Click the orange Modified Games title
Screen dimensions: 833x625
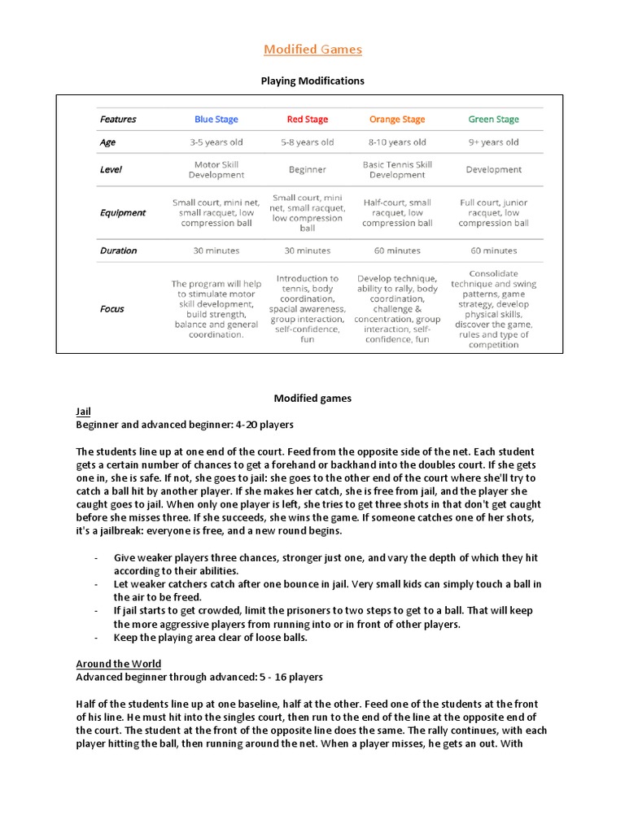(312, 50)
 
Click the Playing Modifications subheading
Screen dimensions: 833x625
(312, 81)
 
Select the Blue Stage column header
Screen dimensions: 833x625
(216, 120)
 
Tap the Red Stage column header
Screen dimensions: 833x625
(307, 120)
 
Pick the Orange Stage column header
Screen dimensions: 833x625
(397, 120)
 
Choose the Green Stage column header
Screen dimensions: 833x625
(493, 120)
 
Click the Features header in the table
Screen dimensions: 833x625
(118, 120)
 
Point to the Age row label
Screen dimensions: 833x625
(107, 142)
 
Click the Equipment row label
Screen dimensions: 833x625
(123, 213)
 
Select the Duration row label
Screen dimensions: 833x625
(118, 251)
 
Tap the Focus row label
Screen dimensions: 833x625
(112, 309)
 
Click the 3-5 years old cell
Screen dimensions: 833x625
(216, 142)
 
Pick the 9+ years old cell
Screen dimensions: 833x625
(493, 142)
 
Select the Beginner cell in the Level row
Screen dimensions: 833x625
(307, 170)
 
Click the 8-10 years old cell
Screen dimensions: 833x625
(397, 142)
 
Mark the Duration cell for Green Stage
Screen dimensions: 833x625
(493, 251)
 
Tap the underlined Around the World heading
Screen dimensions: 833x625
(118, 664)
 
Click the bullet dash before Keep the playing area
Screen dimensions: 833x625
(96, 637)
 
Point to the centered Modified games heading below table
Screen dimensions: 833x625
(312, 399)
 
